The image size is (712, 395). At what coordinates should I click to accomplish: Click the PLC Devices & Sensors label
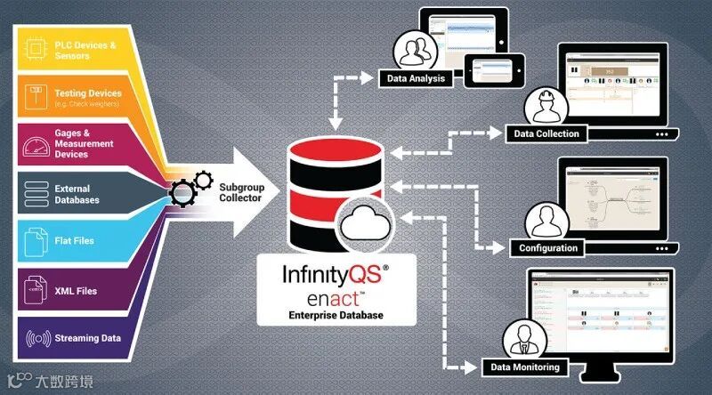tap(85, 50)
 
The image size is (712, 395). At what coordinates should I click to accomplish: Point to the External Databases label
tap(78, 194)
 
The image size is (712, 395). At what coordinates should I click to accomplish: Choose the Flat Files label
tap(74, 240)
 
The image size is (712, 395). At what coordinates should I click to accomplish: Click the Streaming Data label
tap(85, 338)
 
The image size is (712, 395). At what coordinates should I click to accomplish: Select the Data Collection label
tap(546, 133)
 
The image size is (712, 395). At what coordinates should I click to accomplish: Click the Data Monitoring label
tap(525, 367)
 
